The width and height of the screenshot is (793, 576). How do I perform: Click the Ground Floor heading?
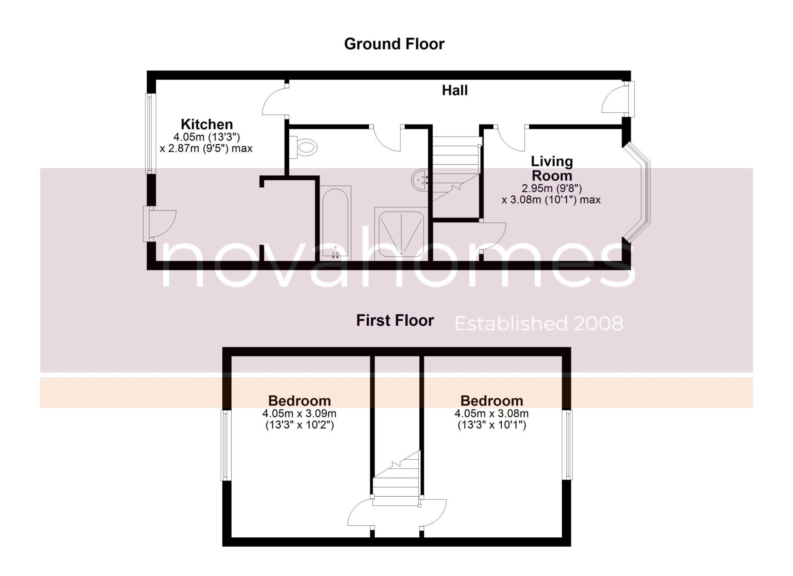(394, 44)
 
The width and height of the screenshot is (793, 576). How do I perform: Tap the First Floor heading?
(395, 320)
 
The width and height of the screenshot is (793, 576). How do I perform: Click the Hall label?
(455, 91)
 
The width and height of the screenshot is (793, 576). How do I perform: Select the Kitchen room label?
(207, 124)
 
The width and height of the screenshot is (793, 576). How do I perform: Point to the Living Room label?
(552, 168)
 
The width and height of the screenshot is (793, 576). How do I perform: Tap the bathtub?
(335, 223)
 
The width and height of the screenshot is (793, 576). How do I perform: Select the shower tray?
(401, 234)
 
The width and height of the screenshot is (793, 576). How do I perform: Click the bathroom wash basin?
(420, 180)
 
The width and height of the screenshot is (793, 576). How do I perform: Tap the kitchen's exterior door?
(160, 224)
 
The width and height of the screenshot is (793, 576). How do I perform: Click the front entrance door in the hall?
(618, 99)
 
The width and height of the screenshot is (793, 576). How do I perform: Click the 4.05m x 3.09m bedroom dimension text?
(299, 419)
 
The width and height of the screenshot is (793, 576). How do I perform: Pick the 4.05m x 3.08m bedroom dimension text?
(492, 419)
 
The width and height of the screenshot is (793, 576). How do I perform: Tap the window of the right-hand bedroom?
(567, 444)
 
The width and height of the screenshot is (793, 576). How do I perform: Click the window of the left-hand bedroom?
(226, 445)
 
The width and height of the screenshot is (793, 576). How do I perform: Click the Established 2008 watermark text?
(539, 323)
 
